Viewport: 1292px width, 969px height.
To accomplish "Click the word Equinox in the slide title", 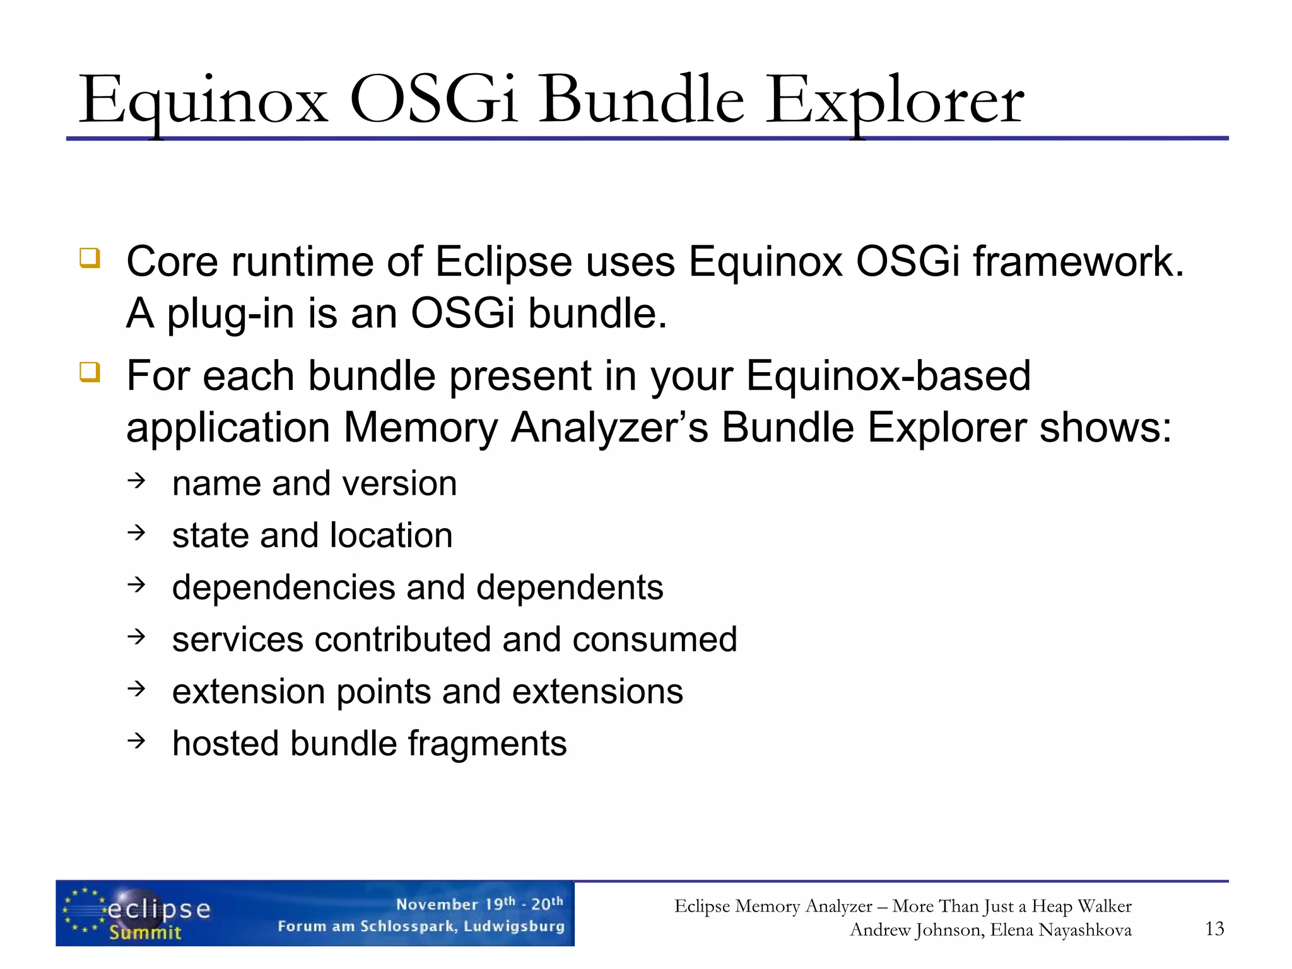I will click(x=203, y=101).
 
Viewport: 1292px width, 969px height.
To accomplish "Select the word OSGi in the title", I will click(x=433, y=101).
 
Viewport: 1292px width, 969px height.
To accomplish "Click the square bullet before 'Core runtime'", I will click(x=90, y=258).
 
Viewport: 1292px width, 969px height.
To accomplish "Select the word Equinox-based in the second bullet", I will click(x=888, y=377).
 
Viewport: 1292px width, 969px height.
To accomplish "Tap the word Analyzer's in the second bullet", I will click(x=609, y=428).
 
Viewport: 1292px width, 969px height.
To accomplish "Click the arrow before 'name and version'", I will click(x=136, y=482).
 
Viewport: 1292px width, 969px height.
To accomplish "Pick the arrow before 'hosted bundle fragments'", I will click(x=136, y=741).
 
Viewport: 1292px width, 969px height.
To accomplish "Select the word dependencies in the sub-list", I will click(x=283, y=588).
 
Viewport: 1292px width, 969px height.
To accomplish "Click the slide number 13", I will click(x=1214, y=929).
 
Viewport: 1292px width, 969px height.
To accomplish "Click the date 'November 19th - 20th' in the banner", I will click(x=479, y=903).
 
